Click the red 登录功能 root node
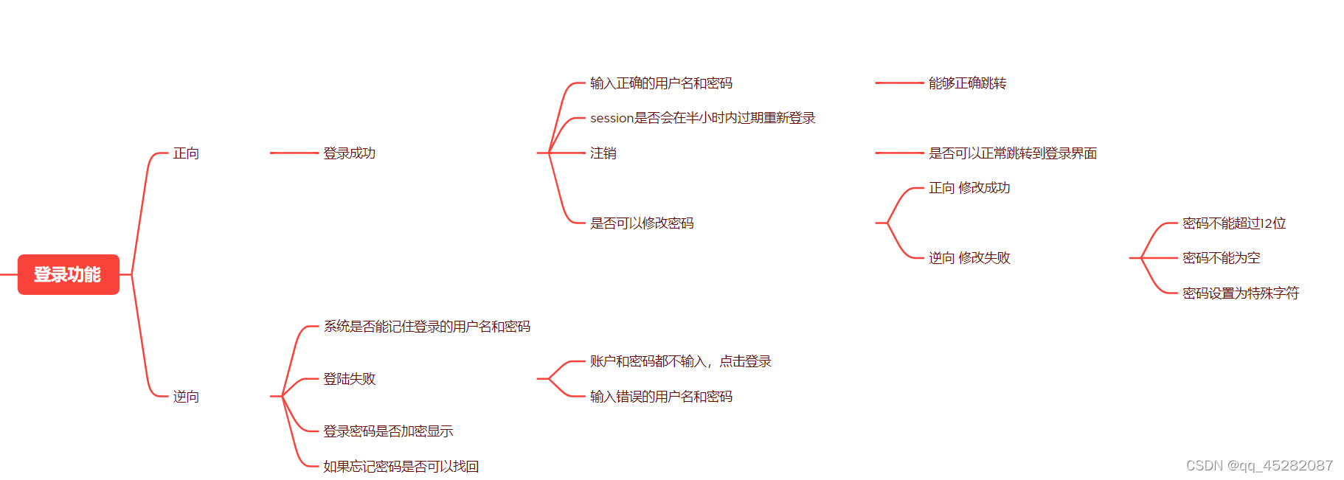click(68, 274)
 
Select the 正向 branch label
click(186, 153)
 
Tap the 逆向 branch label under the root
click(186, 397)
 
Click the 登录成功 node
click(349, 153)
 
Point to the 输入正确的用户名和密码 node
click(661, 83)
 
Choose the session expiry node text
click(702, 118)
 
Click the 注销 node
click(603, 153)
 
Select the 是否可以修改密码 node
click(642, 223)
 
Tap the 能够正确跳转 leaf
click(967, 83)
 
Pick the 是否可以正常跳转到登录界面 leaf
click(1012, 153)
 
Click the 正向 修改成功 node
click(969, 188)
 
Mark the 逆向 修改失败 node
click(969, 258)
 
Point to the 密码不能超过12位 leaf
click(1234, 223)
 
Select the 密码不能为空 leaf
click(1221, 258)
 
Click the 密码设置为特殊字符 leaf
click(1240, 293)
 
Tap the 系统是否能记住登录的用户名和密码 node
click(426, 327)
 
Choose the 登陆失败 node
click(349, 379)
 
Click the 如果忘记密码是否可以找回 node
click(401, 467)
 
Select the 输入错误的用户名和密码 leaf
click(661, 397)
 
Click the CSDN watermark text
click(1258, 466)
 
